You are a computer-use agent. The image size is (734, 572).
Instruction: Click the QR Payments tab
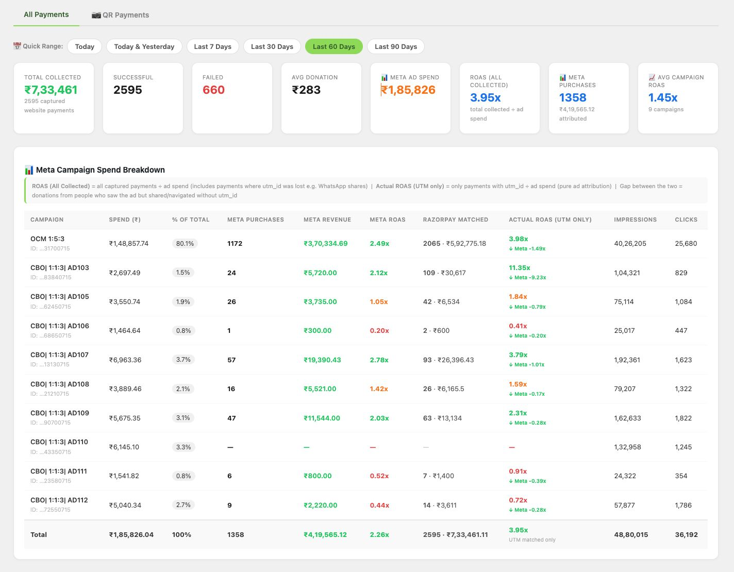coord(120,15)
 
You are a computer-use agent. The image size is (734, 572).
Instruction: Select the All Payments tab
coord(46,14)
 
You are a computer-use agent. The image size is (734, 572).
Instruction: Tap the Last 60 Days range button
coord(333,46)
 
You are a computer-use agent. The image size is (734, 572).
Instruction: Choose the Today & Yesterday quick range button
coord(144,46)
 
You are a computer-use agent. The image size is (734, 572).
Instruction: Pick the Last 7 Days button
coord(213,46)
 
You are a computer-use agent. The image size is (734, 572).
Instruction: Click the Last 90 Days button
coord(395,46)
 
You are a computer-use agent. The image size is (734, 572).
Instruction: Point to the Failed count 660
coord(213,90)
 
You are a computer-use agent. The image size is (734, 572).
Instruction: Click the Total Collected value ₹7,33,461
coord(51,90)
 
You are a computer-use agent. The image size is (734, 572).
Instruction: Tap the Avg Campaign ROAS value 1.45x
coord(663,97)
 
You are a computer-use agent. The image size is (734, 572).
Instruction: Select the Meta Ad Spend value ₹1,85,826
coord(408,90)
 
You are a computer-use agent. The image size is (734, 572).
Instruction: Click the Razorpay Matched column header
coord(455,220)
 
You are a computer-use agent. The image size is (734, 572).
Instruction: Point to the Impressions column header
coord(635,220)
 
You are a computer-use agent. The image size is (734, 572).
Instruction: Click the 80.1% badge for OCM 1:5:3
coord(185,243)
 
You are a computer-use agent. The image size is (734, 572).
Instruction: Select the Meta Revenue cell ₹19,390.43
coord(322,360)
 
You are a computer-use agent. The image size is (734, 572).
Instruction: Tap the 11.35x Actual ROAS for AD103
coord(520,268)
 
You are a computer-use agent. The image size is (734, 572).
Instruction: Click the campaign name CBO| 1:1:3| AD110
coord(59,442)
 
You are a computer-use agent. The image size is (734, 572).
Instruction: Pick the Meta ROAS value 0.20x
coord(379,330)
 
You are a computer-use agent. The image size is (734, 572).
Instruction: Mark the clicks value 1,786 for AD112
coord(683,505)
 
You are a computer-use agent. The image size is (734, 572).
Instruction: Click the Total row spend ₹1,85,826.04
coord(131,534)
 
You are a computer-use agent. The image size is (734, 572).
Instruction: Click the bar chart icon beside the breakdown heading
coord(29,170)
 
